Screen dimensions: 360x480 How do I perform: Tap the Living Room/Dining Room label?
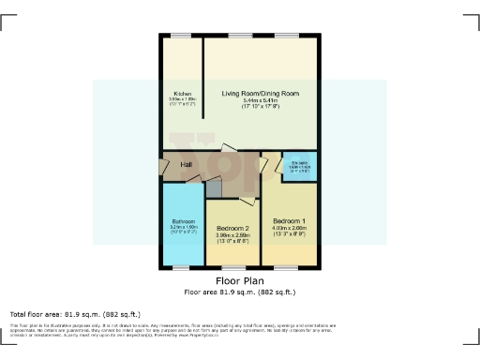point(260,94)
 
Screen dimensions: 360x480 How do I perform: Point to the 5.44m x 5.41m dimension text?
point(260,101)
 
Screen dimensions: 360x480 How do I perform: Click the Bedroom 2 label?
point(232,229)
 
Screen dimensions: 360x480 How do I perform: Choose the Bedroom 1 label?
point(289,221)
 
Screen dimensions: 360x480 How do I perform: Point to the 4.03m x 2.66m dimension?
point(289,229)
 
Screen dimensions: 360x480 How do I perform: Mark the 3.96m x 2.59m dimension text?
point(232,236)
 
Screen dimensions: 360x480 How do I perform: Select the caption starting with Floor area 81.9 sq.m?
point(239,291)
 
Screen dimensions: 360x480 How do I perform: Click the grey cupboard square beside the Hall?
point(215,187)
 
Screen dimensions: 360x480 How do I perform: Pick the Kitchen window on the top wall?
point(180,36)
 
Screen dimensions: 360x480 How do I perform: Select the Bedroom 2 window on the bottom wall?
point(232,267)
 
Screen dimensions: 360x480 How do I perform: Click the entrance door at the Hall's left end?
point(163,170)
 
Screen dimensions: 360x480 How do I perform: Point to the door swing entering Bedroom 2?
point(247,199)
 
